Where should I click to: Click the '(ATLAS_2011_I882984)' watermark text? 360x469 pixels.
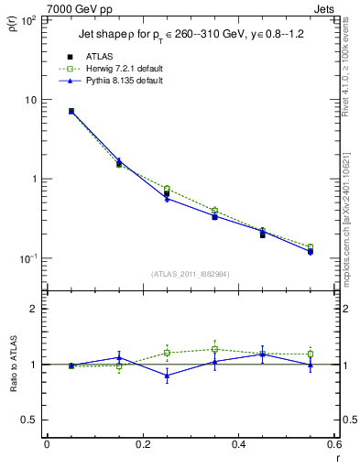(190, 273)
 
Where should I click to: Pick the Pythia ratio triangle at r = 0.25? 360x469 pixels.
(167, 376)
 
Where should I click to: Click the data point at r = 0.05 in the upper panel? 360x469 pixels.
(71, 111)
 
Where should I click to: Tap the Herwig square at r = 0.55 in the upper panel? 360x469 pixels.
(311, 247)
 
